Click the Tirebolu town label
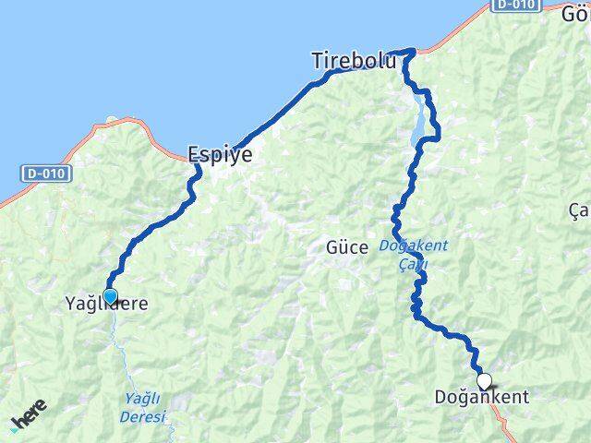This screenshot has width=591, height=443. (354, 62)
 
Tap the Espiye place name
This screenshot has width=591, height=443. (220, 155)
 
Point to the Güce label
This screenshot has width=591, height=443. (347, 247)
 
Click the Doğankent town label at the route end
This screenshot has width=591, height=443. (481, 398)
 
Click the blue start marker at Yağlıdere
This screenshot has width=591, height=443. (110, 296)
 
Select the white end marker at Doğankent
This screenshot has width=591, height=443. (484, 380)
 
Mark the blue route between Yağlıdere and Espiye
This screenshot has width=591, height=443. (157, 227)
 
